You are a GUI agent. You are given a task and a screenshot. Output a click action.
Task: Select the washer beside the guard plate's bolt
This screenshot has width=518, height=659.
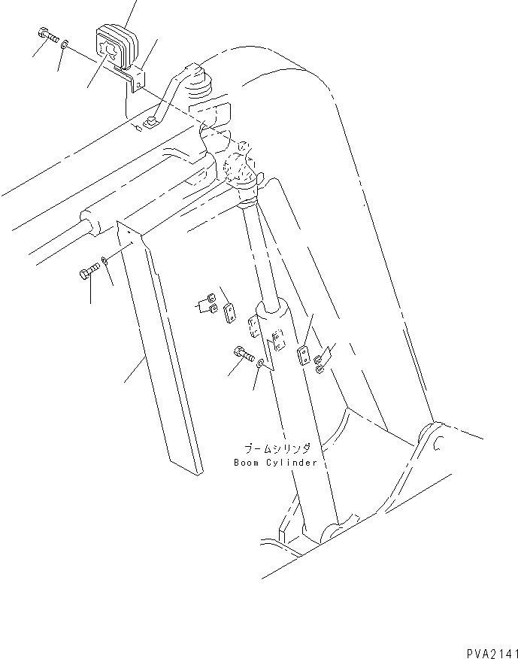point(105,261)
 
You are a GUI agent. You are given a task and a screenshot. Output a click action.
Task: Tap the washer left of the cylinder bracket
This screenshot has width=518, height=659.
point(260,364)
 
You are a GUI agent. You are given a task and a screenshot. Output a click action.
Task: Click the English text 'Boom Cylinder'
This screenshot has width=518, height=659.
point(275,462)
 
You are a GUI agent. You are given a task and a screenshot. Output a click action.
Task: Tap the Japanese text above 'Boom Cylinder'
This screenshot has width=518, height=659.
point(276,445)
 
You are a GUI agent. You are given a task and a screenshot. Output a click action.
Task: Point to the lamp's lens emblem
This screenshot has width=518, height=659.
point(109,51)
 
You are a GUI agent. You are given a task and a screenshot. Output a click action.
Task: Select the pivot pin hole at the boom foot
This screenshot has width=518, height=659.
point(435,446)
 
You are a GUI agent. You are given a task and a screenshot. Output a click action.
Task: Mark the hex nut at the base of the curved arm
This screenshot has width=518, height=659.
point(150,122)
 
